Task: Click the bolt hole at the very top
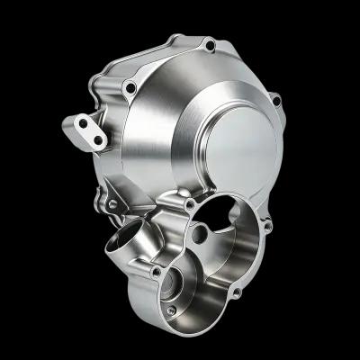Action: [209, 42]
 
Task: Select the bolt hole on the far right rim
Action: [276, 101]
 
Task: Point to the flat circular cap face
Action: [236, 144]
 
